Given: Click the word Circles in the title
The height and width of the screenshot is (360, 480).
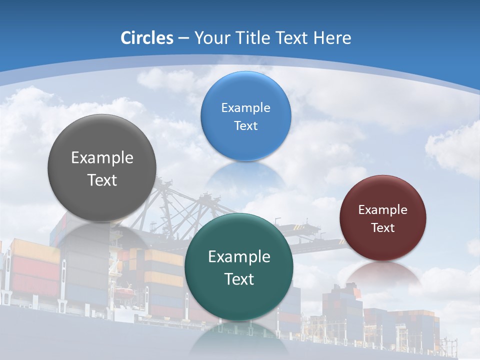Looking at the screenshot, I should coord(146,38).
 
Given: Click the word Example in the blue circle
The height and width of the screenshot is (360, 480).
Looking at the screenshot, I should coord(245,107).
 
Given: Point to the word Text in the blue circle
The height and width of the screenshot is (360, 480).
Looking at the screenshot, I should coord(245,125).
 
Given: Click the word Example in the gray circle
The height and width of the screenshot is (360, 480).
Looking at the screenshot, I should coord(102,157).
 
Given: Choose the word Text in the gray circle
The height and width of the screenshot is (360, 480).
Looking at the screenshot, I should coord(102,180).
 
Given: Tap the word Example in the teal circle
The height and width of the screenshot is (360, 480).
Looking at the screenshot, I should coord(239,256).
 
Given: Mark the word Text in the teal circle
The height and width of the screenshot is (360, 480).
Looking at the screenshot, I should coord(239,279).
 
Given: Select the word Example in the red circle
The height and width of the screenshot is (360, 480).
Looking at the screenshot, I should coord(383,209).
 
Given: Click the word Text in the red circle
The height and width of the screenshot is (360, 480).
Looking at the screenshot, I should coord(383,227).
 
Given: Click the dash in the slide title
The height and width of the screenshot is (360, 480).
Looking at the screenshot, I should coord(183,38).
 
